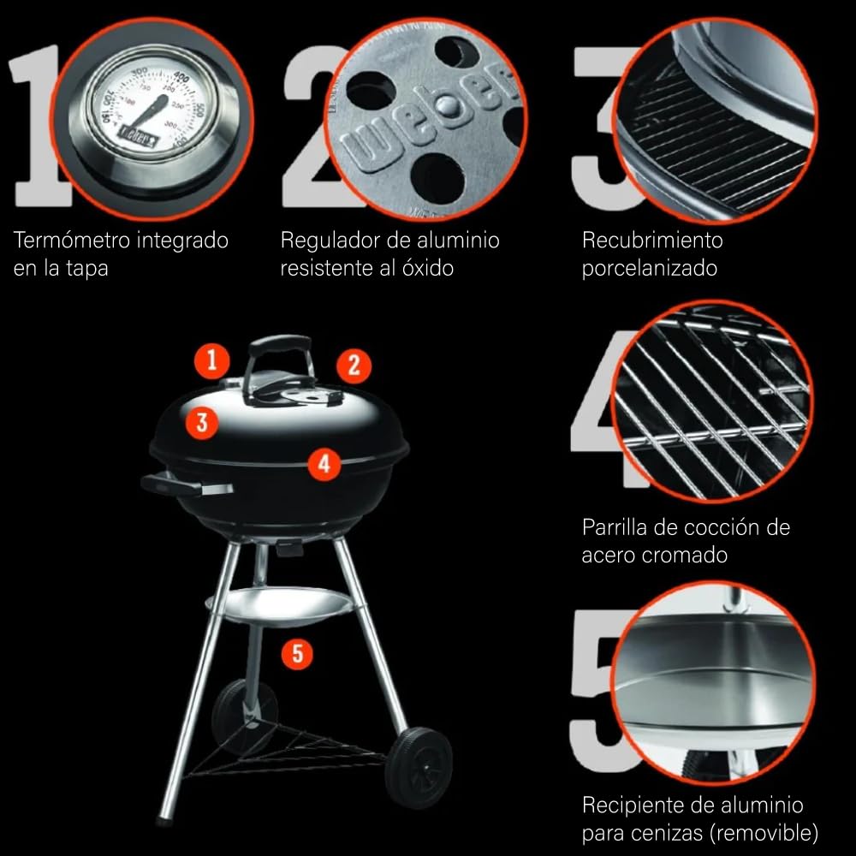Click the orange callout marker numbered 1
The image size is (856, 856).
211,361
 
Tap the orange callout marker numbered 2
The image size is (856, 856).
354,366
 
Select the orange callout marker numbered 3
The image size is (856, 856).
202,423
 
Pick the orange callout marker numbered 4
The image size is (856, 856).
324,464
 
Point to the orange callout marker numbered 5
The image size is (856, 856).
298,653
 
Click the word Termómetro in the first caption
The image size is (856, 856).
71,241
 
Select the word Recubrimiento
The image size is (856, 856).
652,241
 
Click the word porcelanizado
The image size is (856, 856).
649,268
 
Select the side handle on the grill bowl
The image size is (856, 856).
186,484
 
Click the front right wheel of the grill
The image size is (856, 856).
419,767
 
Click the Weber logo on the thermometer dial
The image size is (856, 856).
138,137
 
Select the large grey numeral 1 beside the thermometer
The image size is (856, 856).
39,126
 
